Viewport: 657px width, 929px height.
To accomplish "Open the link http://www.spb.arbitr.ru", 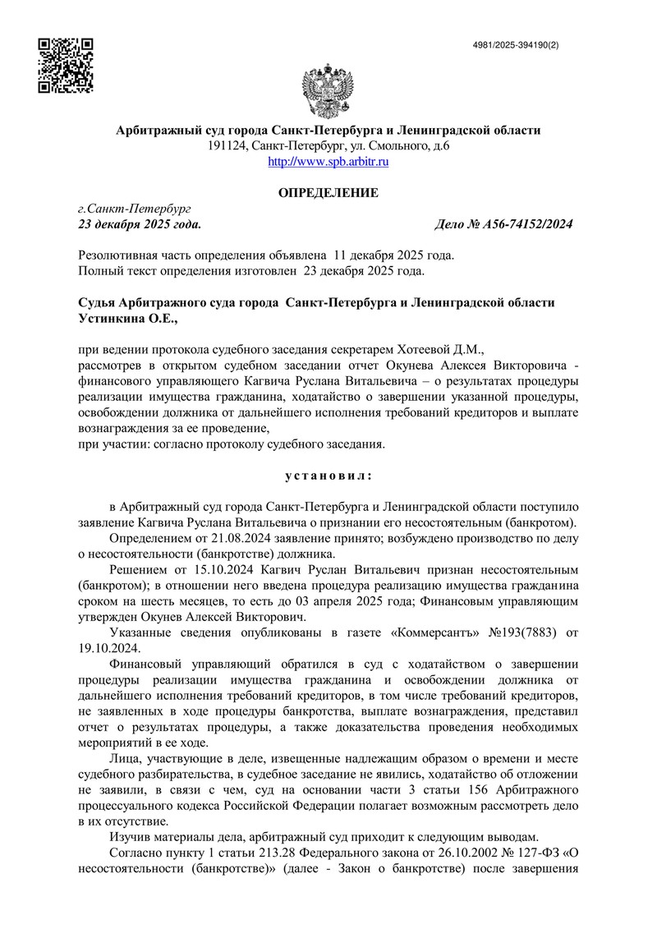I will pyautogui.click(x=328, y=162).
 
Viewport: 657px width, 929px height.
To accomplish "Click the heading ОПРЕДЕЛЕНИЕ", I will pyautogui.click(x=328, y=193).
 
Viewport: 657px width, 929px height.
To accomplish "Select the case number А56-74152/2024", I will pyautogui.click(x=521, y=224).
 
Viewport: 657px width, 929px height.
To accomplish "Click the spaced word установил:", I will pyautogui.click(x=328, y=475).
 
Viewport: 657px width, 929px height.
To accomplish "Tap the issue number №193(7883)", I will pyautogui.click(x=531, y=633).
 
